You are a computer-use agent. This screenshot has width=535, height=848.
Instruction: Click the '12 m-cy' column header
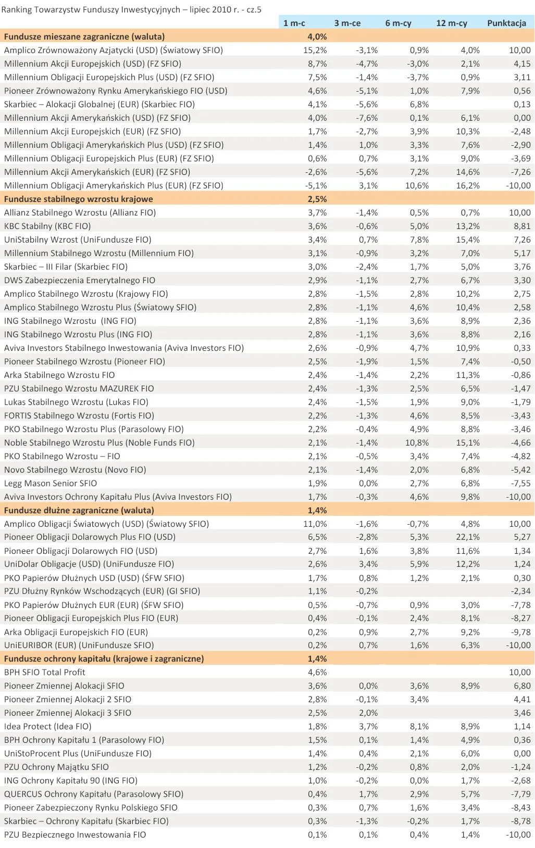coord(451,23)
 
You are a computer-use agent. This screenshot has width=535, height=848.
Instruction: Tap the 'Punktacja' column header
coord(506,23)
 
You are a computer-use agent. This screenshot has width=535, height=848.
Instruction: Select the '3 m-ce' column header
coord(347,23)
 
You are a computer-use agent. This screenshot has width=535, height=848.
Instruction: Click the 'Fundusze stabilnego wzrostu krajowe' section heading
coord(79,199)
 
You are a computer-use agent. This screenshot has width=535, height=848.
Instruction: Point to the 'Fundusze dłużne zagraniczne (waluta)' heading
coord(79,510)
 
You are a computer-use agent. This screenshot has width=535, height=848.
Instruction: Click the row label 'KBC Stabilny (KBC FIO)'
coord(47,226)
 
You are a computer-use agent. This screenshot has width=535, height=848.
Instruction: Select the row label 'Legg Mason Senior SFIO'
coord(51,483)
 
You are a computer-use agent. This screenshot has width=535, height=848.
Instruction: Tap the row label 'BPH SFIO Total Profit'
coord(45,672)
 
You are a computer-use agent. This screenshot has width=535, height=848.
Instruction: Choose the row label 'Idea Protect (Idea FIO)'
coord(48,726)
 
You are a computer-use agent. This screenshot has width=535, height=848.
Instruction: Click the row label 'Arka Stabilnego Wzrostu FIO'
coord(59,375)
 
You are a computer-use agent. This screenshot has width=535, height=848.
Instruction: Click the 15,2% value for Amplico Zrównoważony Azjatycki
coord(315,50)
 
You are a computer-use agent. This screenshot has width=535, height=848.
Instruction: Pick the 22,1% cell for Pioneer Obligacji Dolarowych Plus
coord(468,537)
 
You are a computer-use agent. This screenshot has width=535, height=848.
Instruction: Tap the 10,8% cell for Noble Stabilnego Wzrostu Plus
coord(417,442)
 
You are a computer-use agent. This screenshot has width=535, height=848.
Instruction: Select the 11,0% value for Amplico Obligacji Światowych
coord(315,524)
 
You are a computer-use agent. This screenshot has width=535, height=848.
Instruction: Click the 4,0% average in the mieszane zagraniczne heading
coord(317,36)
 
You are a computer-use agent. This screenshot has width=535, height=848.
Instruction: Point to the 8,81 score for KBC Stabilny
coord(521,226)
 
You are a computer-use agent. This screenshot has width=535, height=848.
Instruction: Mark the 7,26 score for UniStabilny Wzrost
coord(521,239)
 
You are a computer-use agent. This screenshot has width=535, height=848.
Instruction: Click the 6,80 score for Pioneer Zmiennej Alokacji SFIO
coord(521,686)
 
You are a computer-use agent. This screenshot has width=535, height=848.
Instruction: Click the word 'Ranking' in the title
coord(18,9)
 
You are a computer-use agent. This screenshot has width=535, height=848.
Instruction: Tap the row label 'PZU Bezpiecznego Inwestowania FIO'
coord(75,834)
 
